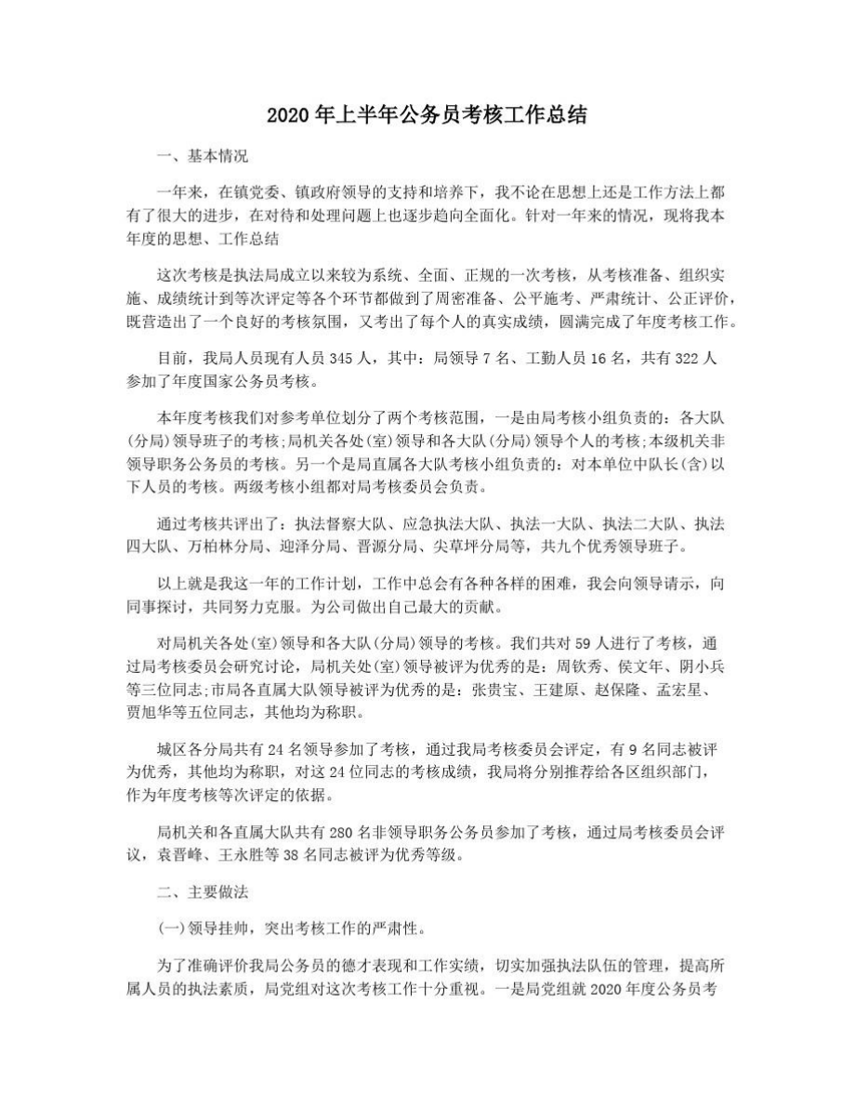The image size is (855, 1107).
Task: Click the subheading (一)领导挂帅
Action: click(200, 926)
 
